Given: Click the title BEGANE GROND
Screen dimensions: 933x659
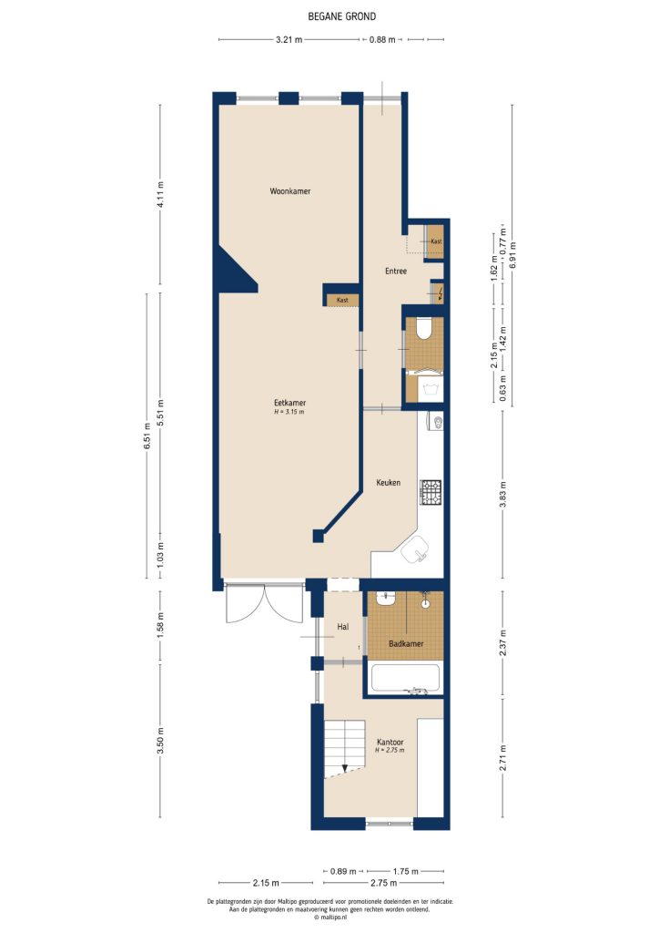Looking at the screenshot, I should (x=329, y=16).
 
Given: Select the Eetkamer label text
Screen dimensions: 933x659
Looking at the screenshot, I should (x=289, y=403).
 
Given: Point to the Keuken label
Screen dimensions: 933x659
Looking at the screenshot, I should (x=389, y=483).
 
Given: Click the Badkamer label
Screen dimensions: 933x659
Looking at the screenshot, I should (x=405, y=644).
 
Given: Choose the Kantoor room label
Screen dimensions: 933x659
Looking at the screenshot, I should (x=390, y=743).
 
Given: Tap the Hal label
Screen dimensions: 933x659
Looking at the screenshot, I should (x=343, y=627).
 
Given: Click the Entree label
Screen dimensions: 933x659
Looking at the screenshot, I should (x=395, y=272).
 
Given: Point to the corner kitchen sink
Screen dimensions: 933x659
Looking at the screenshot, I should (x=421, y=549).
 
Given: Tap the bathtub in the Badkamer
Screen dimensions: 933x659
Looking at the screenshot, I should (x=405, y=679).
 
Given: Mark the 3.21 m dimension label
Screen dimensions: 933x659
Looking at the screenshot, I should (x=289, y=40).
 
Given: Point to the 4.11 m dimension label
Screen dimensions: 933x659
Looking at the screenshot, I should (x=160, y=199).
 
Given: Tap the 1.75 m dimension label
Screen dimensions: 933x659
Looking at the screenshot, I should (x=405, y=870).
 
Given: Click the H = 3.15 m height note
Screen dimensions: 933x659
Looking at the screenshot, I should (x=289, y=412).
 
